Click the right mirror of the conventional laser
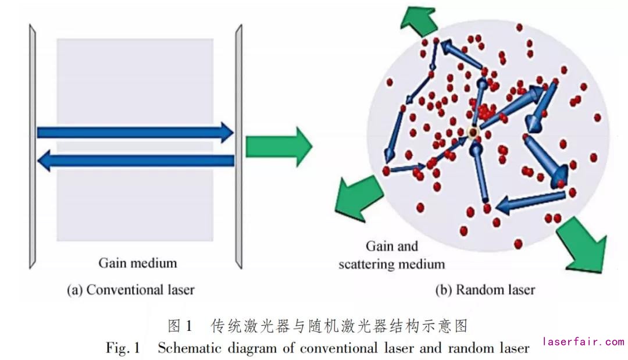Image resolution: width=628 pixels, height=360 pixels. click(x=238, y=145)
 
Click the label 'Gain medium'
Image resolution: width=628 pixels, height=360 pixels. click(x=137, y=263)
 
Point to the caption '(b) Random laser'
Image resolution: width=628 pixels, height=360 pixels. click(x=485, y=289)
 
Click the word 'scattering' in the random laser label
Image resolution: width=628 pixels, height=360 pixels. click(x=366, y=264)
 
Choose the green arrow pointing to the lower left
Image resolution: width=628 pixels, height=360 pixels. click(x=356, y=197)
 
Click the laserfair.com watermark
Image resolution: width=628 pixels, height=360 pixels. click(x=583, y=342)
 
